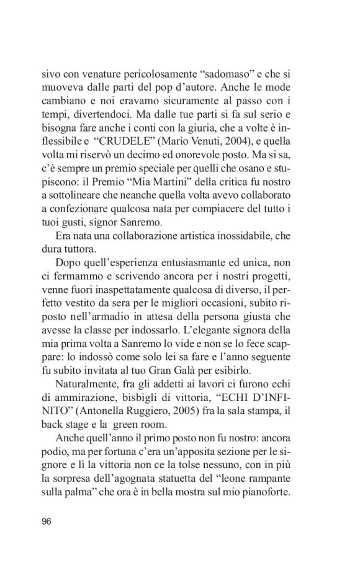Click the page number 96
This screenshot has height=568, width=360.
47,520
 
